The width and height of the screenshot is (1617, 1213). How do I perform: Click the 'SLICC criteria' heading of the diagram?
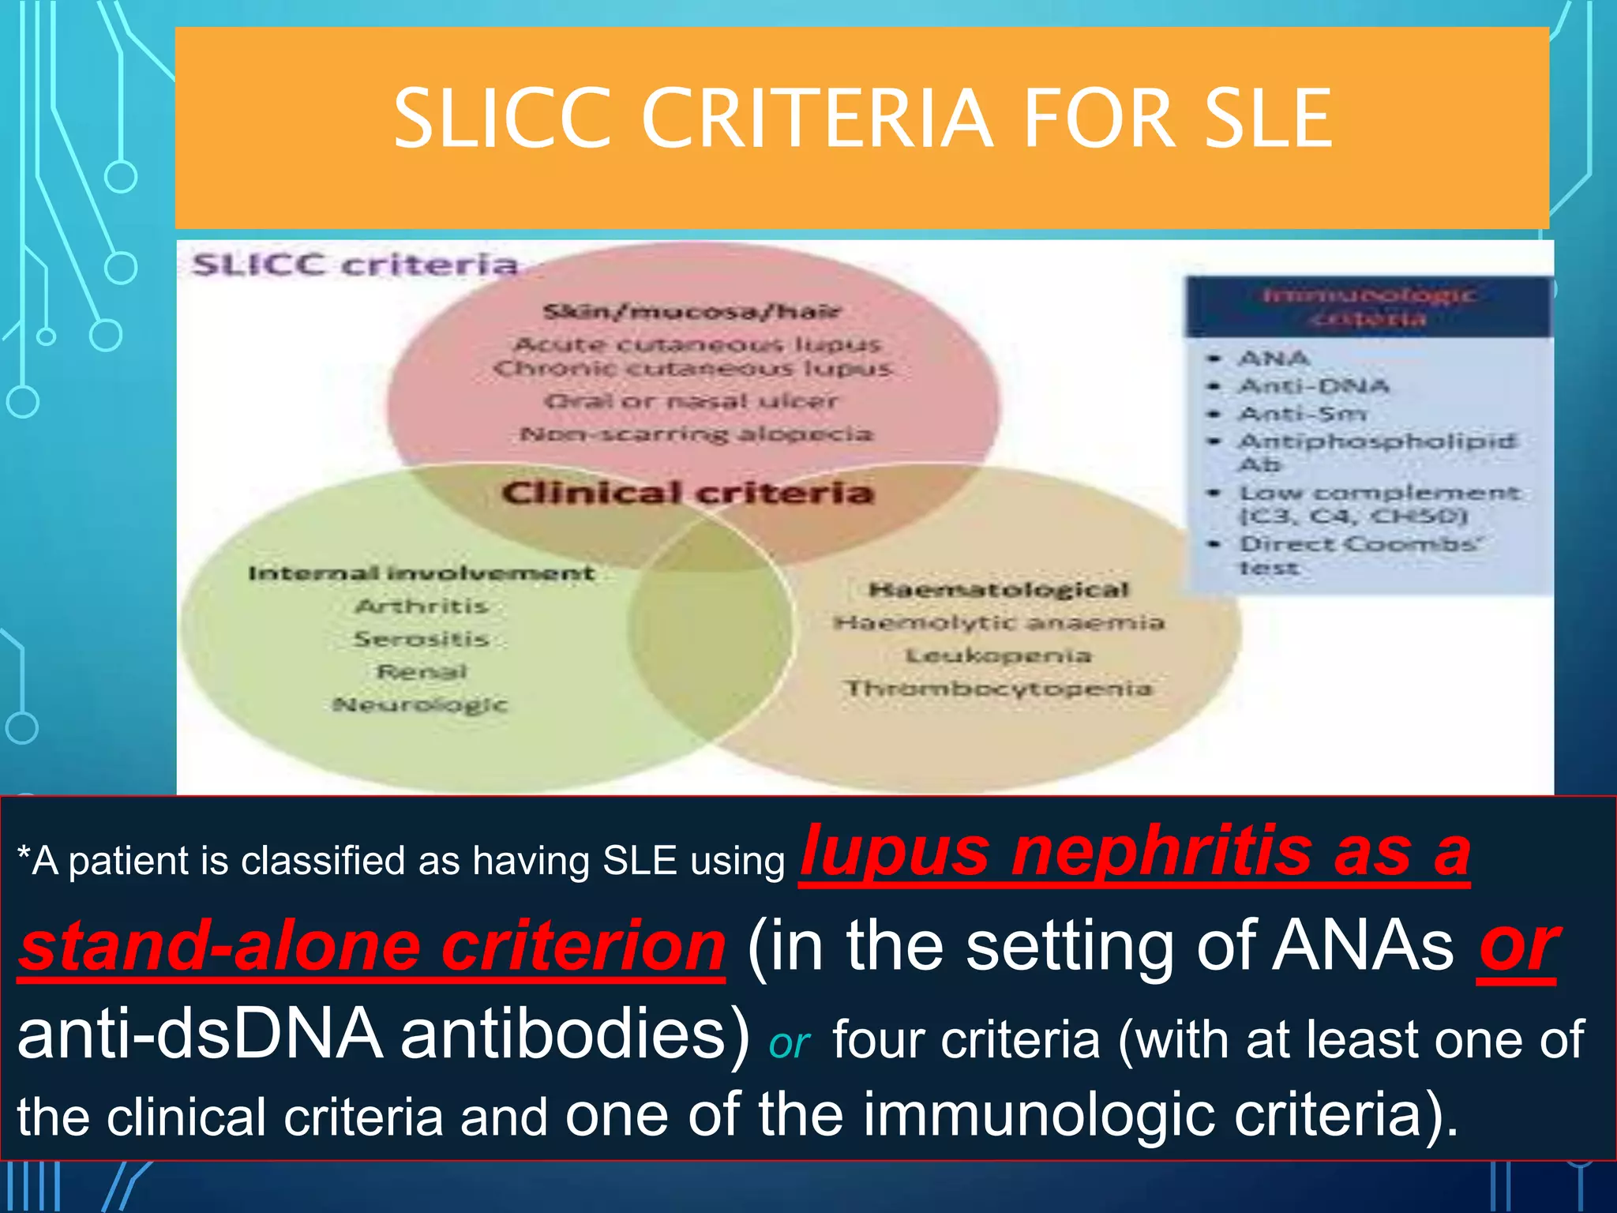(355, 265)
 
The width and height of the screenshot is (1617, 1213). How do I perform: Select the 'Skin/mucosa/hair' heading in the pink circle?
(692, 311)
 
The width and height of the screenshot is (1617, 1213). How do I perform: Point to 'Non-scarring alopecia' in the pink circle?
(696, 434)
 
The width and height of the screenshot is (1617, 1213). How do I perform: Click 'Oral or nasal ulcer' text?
(691, 400)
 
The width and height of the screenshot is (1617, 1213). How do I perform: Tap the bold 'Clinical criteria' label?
(688, 493)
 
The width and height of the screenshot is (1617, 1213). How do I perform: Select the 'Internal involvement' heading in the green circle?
(421, 573)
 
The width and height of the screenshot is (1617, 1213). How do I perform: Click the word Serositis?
(421, 638)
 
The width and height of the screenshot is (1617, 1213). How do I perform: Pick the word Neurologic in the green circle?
(420, 704)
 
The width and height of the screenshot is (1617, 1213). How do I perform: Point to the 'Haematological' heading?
(999, 589)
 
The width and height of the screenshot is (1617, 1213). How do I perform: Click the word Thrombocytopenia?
(999, 688)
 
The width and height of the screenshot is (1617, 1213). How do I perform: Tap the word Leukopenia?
(999, 655)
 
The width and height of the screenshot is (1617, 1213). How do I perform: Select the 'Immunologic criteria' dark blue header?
(1368, 306)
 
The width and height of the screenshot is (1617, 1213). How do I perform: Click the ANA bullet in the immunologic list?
(1274, 359)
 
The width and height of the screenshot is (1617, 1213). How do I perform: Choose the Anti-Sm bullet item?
(1302, 413)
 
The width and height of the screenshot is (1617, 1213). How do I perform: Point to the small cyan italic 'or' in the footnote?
(789, 1044)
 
